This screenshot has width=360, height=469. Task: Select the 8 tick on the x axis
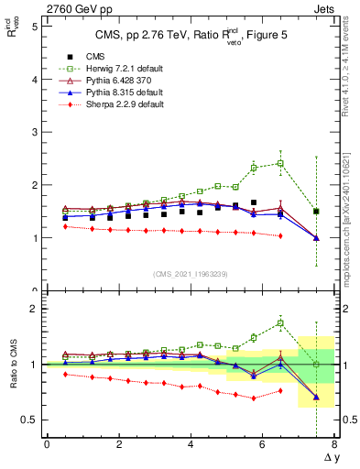coord(334,444)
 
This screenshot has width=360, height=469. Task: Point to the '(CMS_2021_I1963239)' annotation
coord(191,274)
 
